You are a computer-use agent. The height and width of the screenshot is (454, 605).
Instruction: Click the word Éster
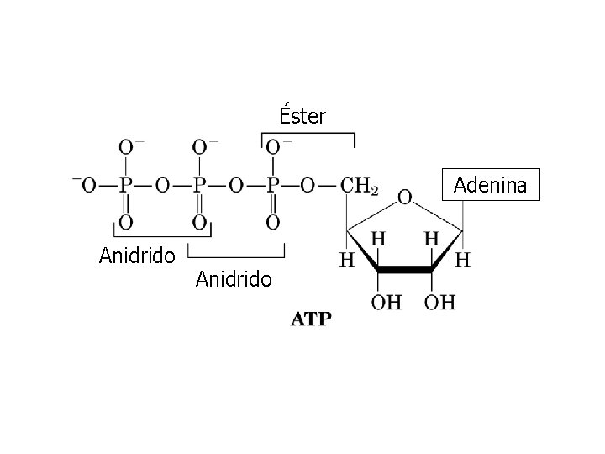point(302,115)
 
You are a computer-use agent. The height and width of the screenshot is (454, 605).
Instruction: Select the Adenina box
point(490,184)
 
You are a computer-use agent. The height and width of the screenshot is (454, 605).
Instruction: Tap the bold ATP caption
point(311,319)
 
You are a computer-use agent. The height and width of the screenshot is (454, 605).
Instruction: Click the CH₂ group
point(360,184)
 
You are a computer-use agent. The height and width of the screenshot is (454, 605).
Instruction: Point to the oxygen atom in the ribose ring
point(404,198)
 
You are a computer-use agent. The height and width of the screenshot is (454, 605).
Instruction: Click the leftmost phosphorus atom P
point(125,184)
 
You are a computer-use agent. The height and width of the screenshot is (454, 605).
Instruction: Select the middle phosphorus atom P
point(199,184)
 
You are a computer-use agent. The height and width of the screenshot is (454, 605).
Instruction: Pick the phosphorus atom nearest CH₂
point(272,184)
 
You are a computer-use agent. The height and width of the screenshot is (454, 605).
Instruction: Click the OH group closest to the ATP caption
point(387,301)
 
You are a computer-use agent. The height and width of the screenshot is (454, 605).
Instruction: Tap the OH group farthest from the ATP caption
point(440,301)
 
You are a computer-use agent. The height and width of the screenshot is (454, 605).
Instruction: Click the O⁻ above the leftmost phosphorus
point(126,148)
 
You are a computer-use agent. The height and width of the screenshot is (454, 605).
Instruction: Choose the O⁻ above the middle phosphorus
point(200,148)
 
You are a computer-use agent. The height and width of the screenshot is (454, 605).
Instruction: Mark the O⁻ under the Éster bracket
point(273,148)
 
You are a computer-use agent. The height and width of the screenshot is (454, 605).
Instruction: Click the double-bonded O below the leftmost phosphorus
point(125,222)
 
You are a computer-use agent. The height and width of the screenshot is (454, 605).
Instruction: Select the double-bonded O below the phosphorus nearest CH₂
point(272,222)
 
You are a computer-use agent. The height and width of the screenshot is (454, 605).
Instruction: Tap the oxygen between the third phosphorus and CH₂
point(308,184)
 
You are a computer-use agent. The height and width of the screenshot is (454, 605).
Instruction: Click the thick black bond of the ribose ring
point(405,270)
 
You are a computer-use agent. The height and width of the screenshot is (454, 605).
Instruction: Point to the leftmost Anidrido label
point(137,255)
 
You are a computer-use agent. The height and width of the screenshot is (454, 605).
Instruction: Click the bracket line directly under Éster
point(308,133)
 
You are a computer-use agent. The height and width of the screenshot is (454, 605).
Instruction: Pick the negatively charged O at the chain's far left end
point(87,184)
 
